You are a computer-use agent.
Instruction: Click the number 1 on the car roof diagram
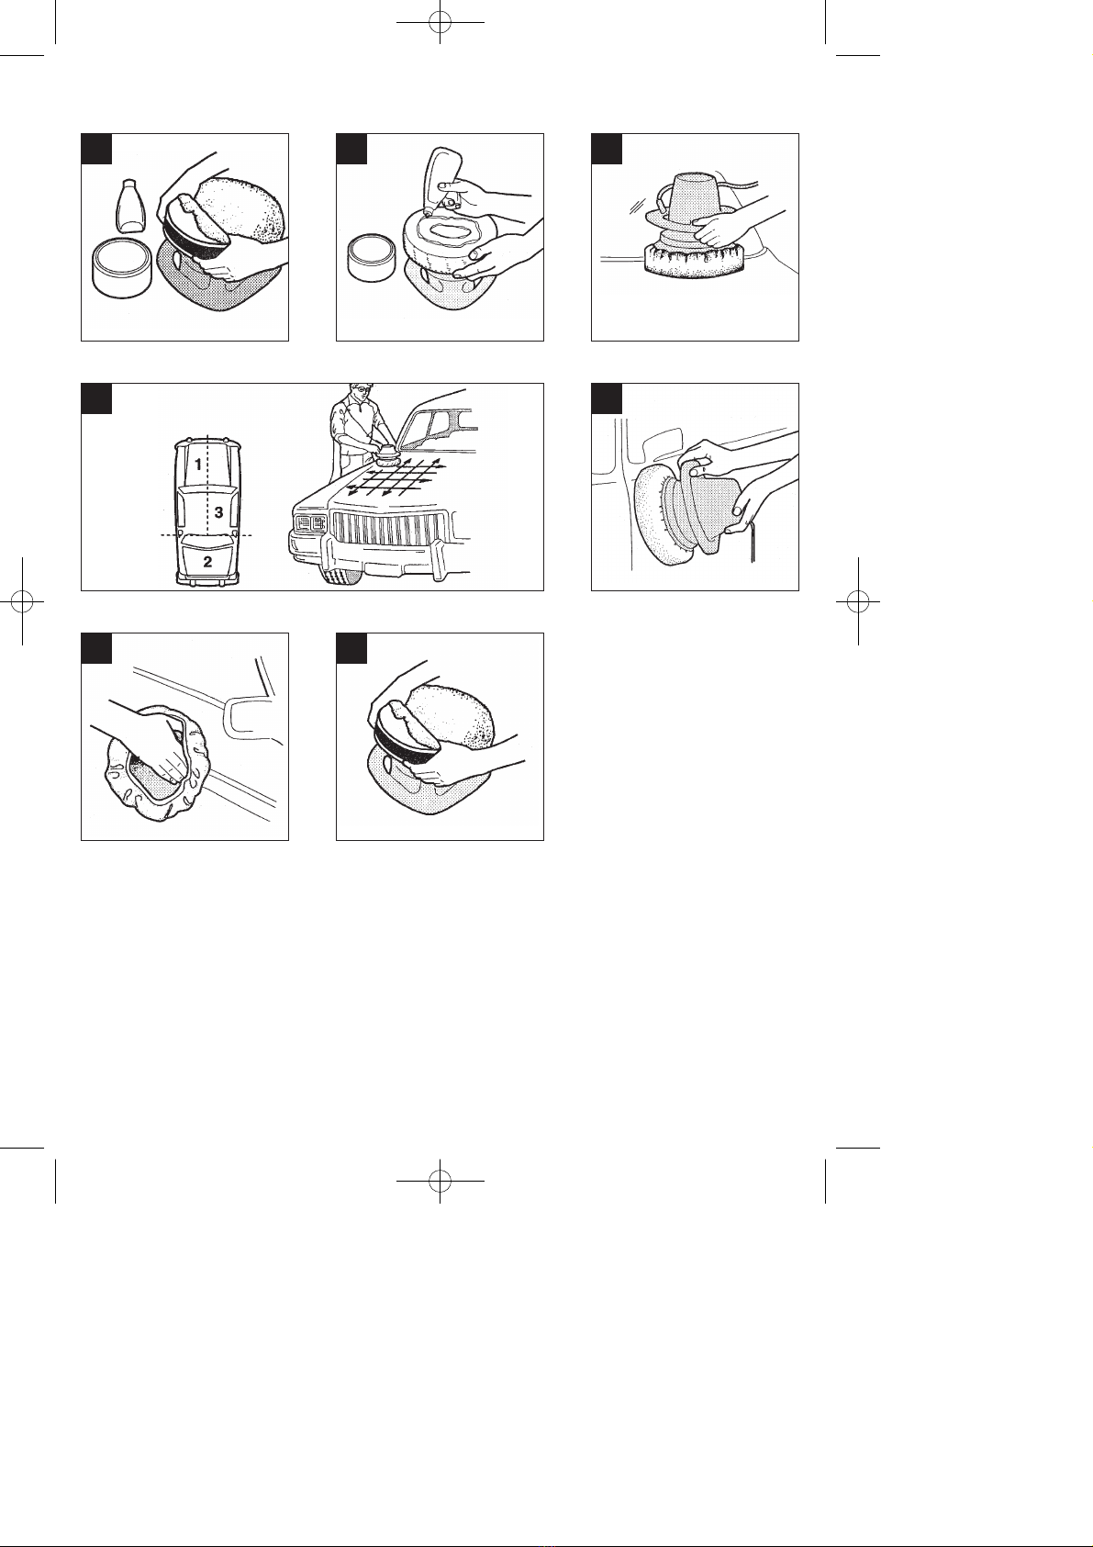point(198,465)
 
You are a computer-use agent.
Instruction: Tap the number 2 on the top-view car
point(207,562)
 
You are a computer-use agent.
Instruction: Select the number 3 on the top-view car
point(219,512)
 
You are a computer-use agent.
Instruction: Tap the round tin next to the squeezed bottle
point(373,258)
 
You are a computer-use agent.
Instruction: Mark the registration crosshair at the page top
point(440,23)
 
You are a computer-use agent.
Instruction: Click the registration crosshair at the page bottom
point(440,1181)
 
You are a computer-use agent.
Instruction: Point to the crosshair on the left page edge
point(22,601)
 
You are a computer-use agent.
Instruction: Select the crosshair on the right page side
point(858,601)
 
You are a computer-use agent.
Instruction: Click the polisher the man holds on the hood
point(386,454)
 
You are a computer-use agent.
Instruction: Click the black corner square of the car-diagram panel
point(96,398)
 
